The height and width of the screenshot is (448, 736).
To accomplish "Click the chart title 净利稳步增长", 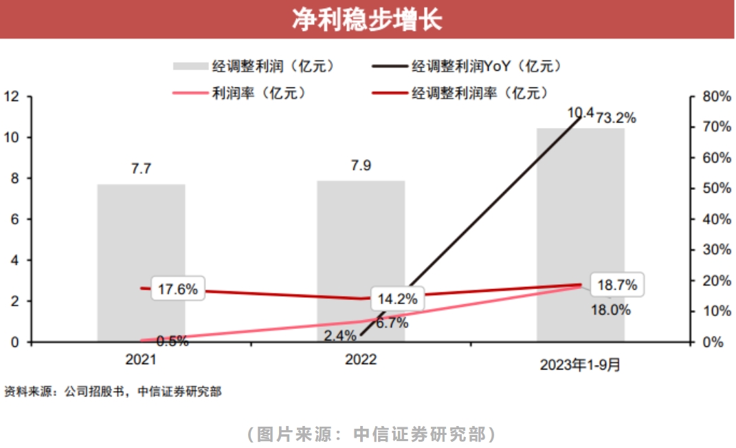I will (x=367, y=19).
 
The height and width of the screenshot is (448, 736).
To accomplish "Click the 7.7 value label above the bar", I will (x=141, y=169).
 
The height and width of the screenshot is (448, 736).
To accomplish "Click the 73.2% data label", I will (x=616, y=118).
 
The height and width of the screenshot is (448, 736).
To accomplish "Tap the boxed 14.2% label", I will (x=398, y=299).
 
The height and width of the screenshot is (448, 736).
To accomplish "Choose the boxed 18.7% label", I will (x=616, y=285).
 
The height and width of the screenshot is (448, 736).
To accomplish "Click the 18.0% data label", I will (x=610, y=310).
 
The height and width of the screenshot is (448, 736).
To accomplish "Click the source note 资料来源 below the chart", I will (x=113, y=392).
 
